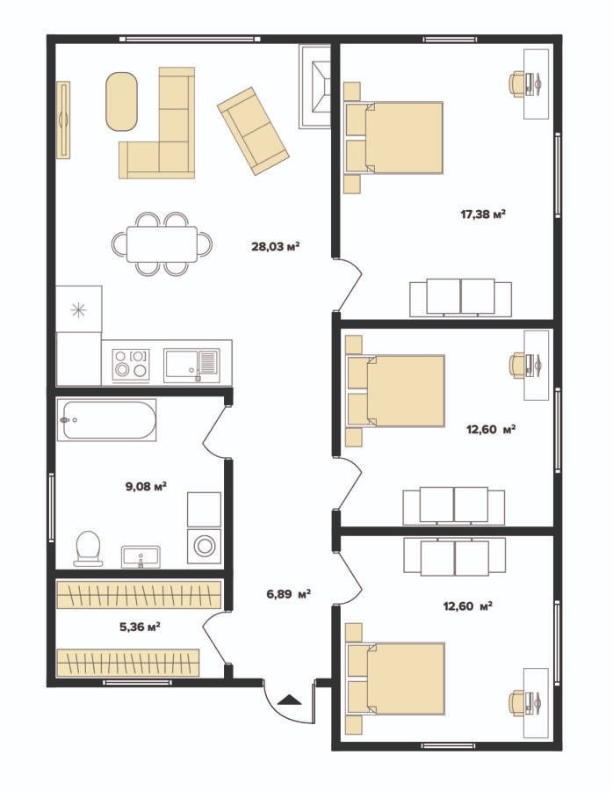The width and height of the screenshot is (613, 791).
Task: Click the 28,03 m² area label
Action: (x=276, y=246)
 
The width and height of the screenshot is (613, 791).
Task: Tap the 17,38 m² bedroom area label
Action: (x=483, y=214)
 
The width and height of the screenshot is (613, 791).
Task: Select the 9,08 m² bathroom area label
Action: (x=146, y=486)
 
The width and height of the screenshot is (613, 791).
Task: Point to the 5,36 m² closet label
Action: (x=140, y=627)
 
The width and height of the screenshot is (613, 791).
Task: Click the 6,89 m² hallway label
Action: (x=288, y=594)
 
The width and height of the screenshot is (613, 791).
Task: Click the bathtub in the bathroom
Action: (x=106, y=420)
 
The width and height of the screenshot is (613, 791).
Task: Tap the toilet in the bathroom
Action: (x=88, y=548)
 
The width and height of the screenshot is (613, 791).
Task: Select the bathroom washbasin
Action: (x=141, y=556)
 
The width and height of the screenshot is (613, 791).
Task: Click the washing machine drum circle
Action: (x=204, y=546)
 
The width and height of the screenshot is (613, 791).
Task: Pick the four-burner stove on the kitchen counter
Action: (x=132, y=363)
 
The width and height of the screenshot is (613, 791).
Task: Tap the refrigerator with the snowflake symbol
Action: (x=79, y=309)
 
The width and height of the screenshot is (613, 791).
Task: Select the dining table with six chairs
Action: (x=162, y=244)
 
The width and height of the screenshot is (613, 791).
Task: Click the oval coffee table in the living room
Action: (x=121, y=102)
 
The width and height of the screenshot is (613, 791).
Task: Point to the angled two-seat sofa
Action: (x=253, y=131)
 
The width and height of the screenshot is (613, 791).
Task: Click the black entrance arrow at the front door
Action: (x=289, y=699)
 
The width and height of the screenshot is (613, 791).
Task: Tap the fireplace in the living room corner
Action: (x=315, y=86)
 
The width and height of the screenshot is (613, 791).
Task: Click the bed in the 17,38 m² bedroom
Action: (x=393, y=138)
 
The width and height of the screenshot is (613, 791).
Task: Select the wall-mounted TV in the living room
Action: (x=63, y=120)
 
